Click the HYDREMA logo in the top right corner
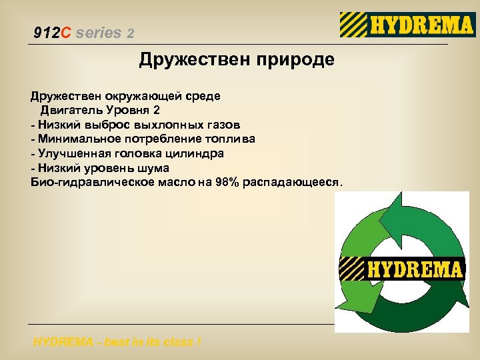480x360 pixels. [x=407, y=25]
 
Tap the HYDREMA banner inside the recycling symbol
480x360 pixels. [x=402, y=269]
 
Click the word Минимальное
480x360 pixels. [x=79, y=139]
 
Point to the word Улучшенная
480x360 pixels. [x=73, y=154]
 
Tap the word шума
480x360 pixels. [x=154, y=169]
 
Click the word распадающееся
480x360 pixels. [x=292, y=183]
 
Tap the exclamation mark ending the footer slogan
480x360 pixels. [x=198, y=342]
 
